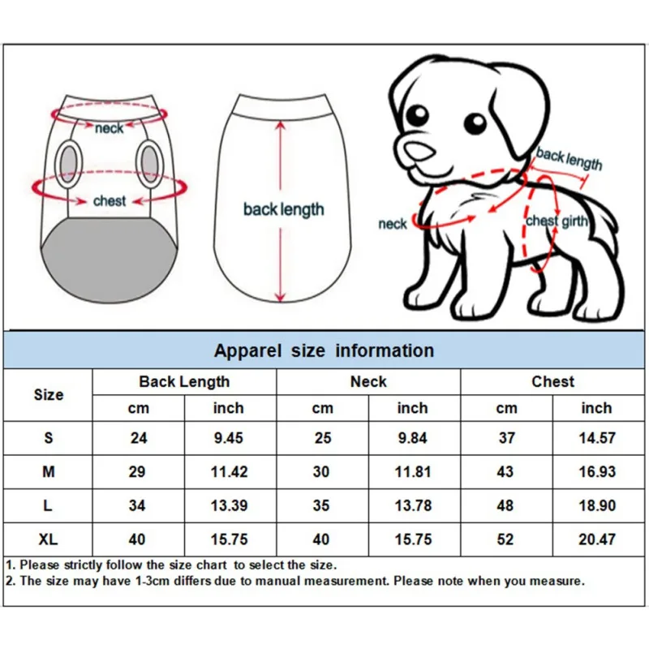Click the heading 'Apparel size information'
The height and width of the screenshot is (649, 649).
pyautogui.click(x=324, y=350)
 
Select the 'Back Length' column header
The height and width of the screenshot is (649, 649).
pyautogui.click(x=184, y=381)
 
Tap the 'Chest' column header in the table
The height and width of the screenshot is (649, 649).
pyautogui.click(x=552, y=381)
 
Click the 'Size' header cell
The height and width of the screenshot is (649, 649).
pyautogui.click(x=49, y=395)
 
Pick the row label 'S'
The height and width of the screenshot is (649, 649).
pyautogui.click(x=49, y=438)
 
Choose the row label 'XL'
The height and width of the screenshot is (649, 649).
pyautogui.click(x=49, y=539)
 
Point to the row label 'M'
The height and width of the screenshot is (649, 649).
pyautogui.click(x=49, y=471)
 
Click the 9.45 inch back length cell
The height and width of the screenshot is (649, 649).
pyautogui.click(x=229, y=438)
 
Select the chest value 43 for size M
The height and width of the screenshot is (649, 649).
pyautogui.click(x=506, y=471)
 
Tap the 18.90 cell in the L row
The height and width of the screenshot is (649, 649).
pyautogui.click(x=596, y=505)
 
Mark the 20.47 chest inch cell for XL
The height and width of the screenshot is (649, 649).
pyautogui.click(x=596, y=539)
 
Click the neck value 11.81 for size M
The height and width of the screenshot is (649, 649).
pyautogui.click(x=412, y=471)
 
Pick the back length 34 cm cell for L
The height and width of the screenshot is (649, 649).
pyautogui.click(x=138, y=505)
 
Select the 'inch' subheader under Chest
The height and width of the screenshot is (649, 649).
pyautogui.click(x=596, y=408)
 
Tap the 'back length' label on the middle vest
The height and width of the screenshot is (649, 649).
pyautogui.click(x=283, y=209)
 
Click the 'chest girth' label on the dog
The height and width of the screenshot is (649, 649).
pyautogui.click(x=557, y=221)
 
